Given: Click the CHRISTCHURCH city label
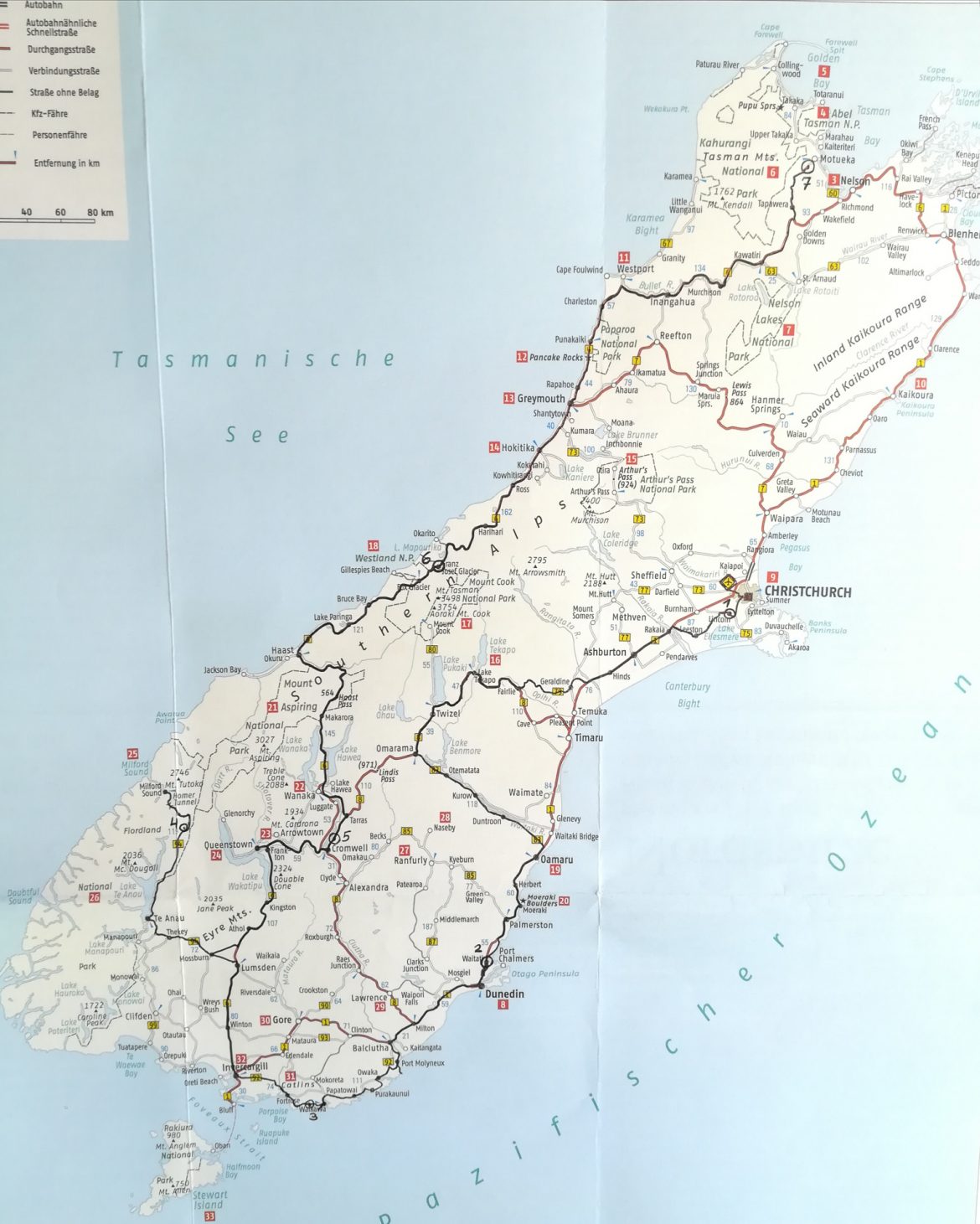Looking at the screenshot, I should [x=807, y=592].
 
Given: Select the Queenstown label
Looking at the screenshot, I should [x=228, y=844].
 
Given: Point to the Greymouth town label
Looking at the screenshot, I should [x=541, y=399].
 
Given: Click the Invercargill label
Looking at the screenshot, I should [x=245, y=1067].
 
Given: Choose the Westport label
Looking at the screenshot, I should [x=635, y=269].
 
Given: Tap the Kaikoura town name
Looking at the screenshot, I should [x=915, y=395].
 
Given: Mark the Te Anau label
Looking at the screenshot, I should [x=169, y=918].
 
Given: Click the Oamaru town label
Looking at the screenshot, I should [x=557, y=860].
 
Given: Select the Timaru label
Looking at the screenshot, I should [x=589, y=738].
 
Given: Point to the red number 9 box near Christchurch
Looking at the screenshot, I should [x=771, y=576].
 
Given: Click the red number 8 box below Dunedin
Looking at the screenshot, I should [x=503, y=1005].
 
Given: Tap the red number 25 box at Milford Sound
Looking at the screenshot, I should [x=132, y=753].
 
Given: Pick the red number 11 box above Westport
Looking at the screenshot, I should [x=624, y=257].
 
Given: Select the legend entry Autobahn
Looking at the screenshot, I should [x=44, y=5].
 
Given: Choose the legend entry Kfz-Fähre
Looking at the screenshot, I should [x=49, y=113].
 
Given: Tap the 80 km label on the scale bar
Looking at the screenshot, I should [x=100, y=212].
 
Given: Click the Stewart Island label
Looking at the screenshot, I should [x=209, y=1200].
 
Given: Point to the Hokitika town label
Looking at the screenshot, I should [x=518, y=447].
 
